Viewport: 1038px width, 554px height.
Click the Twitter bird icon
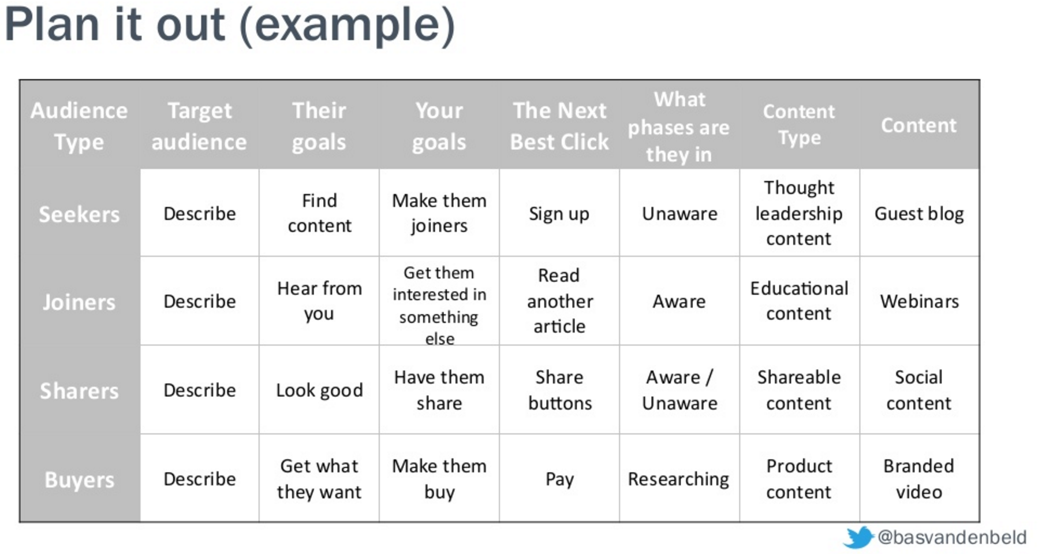coord(858,537)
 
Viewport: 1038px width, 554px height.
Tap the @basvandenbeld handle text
coord(951,537)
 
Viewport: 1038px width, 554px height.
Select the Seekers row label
coord(79,214)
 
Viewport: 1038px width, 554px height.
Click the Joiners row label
coord(79,302)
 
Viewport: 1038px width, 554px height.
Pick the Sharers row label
coord(79,391)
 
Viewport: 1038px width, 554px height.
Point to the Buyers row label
coord(79,480)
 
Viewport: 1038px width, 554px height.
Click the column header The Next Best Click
coord(559,126)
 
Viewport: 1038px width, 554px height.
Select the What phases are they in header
coord(679,127)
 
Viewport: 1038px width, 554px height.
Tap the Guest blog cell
coord(919,214)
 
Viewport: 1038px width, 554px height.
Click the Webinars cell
coord(919,301)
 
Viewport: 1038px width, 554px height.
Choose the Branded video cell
coord(918,479)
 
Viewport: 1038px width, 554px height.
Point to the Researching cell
coord(678,479)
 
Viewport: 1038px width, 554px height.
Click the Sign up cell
coord(559,214)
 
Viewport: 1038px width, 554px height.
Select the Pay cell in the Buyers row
coord(559,479)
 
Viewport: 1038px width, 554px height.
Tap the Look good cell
coord(319,391)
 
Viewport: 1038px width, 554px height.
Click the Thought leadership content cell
coord(799,213)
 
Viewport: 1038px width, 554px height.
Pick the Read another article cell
coord(559,301)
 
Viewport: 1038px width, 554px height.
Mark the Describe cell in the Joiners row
coord(199,301)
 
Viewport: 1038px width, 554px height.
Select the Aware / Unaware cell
coord(679,390)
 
